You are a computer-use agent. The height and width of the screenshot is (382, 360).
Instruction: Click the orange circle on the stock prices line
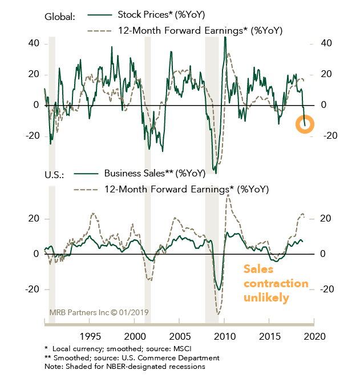[x=305, y=124]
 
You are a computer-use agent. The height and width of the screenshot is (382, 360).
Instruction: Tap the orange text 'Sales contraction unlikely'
[x=276, y=283]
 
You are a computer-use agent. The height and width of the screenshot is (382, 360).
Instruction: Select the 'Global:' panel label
[x=60, y=17]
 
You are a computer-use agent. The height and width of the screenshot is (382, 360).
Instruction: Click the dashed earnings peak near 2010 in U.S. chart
[x=228, y=195]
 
